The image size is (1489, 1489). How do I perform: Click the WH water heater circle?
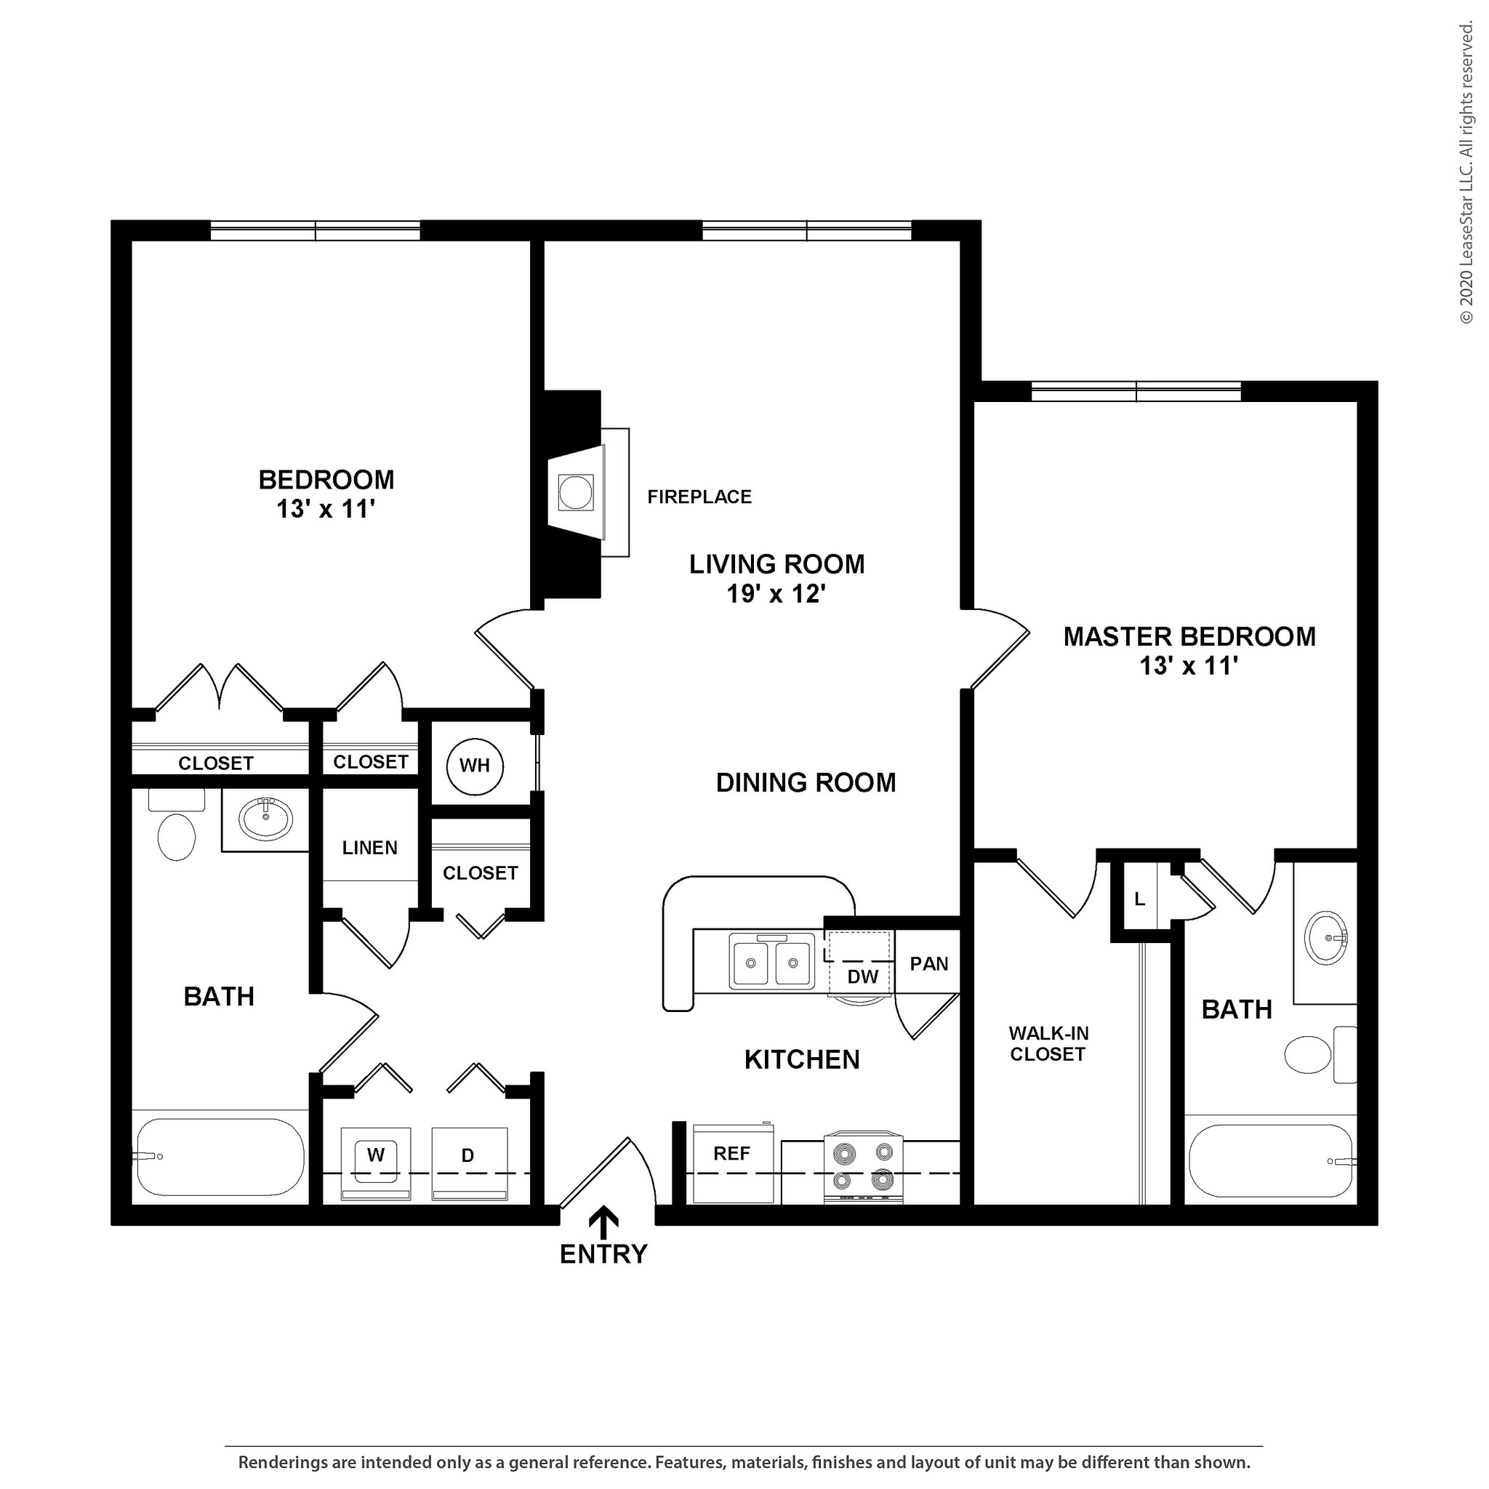pos(475,766)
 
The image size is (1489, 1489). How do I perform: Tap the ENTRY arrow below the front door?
pos(603,1222)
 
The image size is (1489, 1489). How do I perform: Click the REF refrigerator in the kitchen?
pos(733,1163)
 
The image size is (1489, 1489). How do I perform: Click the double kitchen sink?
pos(771,961)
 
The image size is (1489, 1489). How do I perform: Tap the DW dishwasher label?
pos(862,976)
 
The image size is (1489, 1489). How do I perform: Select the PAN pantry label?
pos(928,963)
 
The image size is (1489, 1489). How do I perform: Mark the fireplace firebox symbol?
pos(576,491)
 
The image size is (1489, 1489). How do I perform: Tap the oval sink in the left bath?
pos(266,819)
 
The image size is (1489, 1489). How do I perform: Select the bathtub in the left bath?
pos(220,1157)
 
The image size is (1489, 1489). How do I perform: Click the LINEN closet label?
pos(370,848)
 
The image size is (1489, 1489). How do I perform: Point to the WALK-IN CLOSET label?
pos(1048,1043)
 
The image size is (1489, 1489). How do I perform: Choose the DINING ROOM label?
pos(806,783)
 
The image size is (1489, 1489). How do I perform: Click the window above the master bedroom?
pos(1136,393)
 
